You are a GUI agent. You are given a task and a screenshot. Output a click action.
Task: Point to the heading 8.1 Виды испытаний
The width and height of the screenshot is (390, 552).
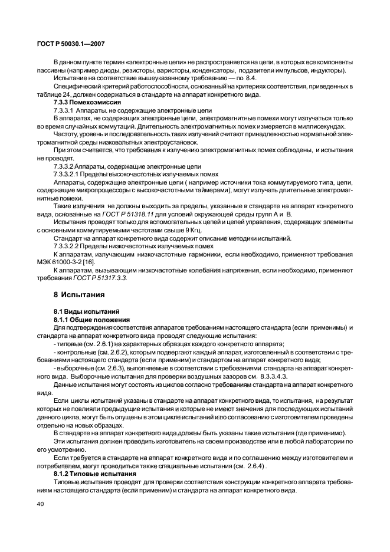(87, 310)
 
